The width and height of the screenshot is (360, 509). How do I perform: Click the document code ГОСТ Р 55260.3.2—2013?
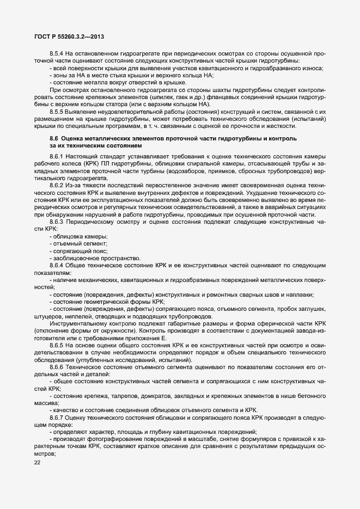click(65, 36)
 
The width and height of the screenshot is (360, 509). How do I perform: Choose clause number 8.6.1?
click(57, 157)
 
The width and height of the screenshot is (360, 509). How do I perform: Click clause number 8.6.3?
click(57, 222)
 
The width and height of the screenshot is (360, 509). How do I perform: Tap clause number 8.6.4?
click(57, 265)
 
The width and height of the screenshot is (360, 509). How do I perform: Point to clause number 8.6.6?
click(57, 367)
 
